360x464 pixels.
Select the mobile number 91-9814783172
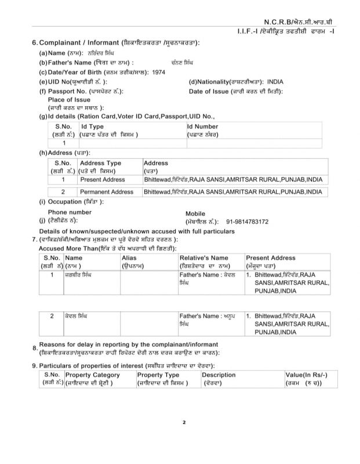(252, 222)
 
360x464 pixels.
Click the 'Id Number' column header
(202, 126)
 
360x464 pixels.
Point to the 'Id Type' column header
(93, 126)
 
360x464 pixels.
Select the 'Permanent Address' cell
(106, 191)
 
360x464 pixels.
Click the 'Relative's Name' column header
(203, 257)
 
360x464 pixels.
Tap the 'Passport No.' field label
(63, 92)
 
